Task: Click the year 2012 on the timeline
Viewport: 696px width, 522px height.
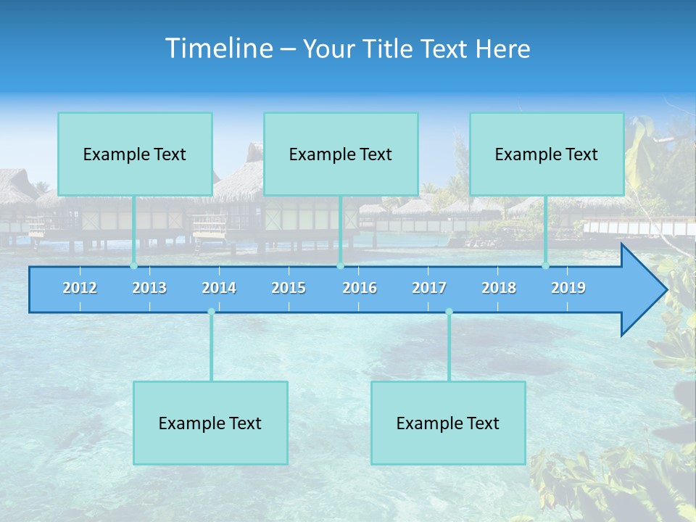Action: point(80,288)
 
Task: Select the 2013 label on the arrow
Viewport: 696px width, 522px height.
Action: point(149,288)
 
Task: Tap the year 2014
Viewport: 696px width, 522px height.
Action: point(219,288)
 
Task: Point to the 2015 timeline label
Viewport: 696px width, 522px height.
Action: point(289,288)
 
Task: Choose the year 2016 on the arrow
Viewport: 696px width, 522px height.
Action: point(360,288)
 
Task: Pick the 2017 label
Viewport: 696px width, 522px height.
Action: point(429,288)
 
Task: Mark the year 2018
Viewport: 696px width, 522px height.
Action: point(499,288)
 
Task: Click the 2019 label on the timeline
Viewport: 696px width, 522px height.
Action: point(568,288)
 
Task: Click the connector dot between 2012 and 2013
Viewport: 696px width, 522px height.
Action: point(133,266)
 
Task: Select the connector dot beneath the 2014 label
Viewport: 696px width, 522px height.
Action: point(211,312)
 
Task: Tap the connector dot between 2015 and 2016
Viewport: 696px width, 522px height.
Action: point(340,266)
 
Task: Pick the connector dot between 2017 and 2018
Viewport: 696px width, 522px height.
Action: point(449,312)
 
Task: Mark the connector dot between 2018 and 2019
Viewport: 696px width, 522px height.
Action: point(546,266)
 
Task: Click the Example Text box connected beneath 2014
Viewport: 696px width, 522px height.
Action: point(210,423)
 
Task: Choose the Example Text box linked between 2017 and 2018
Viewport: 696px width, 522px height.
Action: point(448,423)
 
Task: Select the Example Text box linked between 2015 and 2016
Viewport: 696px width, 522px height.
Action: point(341,154)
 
